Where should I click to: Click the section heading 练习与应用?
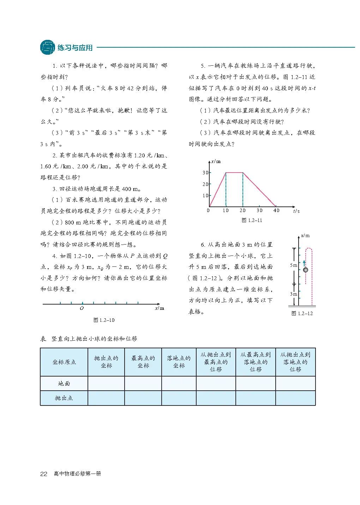[x=75, y=48]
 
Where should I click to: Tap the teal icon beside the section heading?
[x=48, y=47]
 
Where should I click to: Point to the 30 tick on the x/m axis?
[x=205, y=173]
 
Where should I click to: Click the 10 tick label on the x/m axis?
[x=205, y=196]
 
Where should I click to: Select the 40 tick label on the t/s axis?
[x=276, y=210]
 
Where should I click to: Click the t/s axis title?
[x=296, y=211]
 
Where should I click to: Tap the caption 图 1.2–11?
[x=252, y=220]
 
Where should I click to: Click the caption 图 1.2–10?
[x=104, y=320]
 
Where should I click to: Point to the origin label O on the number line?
[x=82, y=308]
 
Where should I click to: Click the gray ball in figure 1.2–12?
[x=306, y=270]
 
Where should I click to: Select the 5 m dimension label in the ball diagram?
[x=293, y=265]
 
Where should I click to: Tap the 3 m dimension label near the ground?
[x=294, y=294]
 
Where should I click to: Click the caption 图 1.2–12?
[x=302, y=313]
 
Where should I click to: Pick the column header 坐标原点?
[x=64, y=362]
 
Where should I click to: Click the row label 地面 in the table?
[x=64, y=384]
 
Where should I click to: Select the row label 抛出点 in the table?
[x=64, y=398]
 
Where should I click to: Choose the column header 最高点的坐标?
[x=143, y=362]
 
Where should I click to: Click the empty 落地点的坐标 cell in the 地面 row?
[x=179, y=384]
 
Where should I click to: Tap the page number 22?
[x=44, y=474]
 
